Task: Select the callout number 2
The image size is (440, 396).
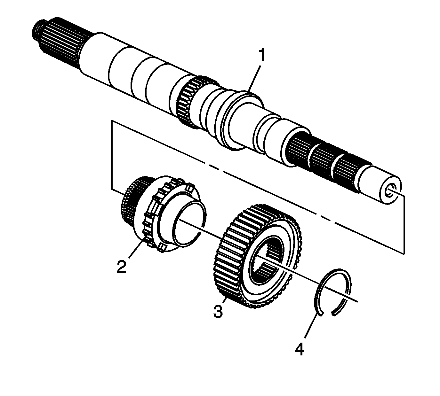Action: (121, 266)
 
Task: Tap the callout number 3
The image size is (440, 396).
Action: (218, 311)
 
